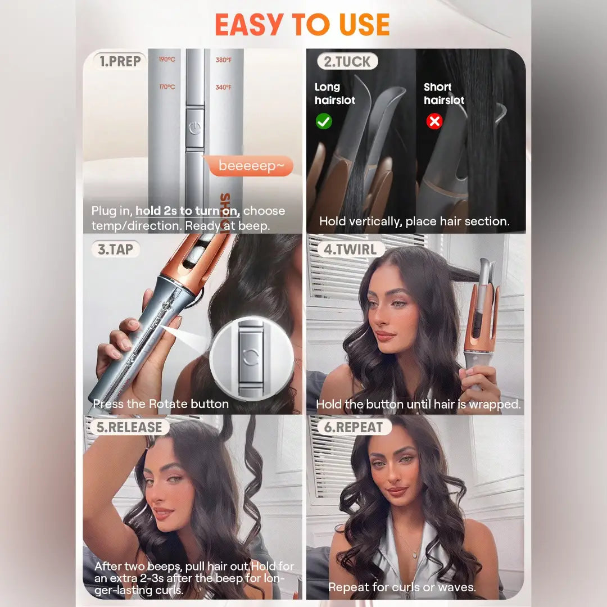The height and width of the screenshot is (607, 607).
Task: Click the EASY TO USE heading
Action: coord(302,25)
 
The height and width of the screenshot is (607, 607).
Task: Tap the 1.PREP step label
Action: coord(120,61)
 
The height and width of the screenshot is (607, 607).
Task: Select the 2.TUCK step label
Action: coord(347,61)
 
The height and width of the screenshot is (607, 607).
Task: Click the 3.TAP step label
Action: coord(115,250)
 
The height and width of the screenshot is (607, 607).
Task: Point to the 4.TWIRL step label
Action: coord(350,250)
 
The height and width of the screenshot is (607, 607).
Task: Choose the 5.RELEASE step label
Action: coord(129,427)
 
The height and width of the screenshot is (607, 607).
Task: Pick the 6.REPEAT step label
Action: coord(354,427)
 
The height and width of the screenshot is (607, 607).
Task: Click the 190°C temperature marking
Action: coord(167,60)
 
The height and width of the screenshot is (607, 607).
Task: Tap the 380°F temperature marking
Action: coord(223,60)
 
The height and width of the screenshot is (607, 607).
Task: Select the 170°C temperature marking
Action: coord(167,87)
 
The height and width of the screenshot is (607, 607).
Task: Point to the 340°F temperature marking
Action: coord(223,88)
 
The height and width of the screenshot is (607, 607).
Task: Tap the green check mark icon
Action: coord(324,121)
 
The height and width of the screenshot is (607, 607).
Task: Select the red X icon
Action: coord(434,121)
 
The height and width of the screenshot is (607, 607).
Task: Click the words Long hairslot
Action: coord(335,94)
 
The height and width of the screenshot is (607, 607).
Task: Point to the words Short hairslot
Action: coord(444,94)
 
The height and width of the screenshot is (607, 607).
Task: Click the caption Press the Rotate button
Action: coord(161,404)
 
